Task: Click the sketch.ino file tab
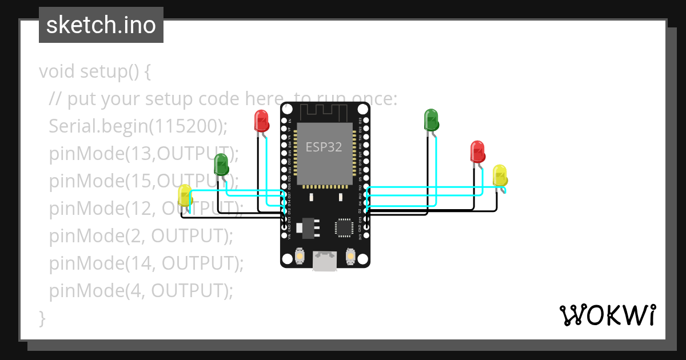pos(101,25)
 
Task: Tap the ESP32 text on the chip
pos(324,147)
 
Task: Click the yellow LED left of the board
pos(185,195)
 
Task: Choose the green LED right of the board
pos(431,120)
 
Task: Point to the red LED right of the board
pos(477,151)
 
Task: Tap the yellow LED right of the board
pos(500,175)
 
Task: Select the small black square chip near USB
pos(344,227)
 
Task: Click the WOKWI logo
pos(607,315)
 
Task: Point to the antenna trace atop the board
pos(324,110)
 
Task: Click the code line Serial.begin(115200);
pos(138,126)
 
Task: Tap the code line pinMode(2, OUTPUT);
pos(141,235)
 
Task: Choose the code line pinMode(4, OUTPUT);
pos(141,291)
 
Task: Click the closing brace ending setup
pos(42,318)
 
